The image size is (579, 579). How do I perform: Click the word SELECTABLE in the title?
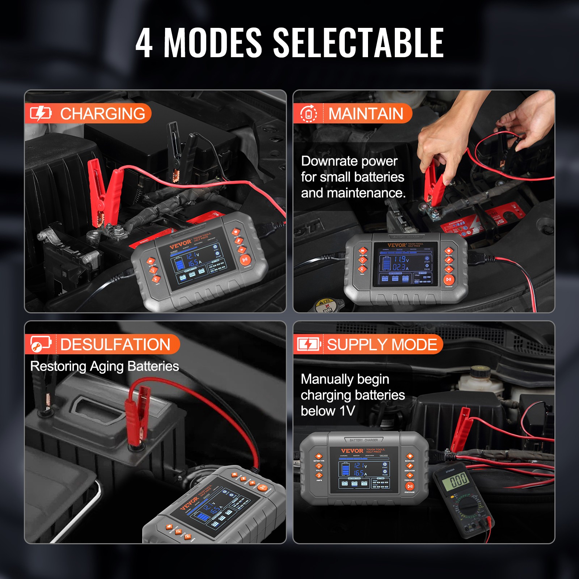point(358,43)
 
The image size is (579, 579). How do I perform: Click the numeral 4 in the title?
point(144,43)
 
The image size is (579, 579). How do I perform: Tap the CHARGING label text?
point(102,114)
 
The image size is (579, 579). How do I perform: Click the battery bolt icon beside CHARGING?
point(40,114)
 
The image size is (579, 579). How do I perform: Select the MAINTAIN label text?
point(365,114)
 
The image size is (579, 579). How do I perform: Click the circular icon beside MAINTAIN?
point(309,114)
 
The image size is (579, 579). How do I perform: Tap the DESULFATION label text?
point(115,344)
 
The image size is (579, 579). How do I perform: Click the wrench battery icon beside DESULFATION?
point(40,344)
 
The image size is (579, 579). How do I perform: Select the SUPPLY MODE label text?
point(382,344)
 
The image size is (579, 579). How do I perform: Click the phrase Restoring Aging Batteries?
point(105,366)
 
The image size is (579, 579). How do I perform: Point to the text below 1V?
point(327,411)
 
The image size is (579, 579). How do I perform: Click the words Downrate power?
point(349,161)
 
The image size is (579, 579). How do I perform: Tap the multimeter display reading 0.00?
point(459,481)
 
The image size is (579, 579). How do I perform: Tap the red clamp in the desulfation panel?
point(137,413)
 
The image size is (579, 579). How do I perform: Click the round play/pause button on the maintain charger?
point(449,279)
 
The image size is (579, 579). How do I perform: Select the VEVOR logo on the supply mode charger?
point(352,451)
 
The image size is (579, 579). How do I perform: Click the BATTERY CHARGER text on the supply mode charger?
point(364,440)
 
